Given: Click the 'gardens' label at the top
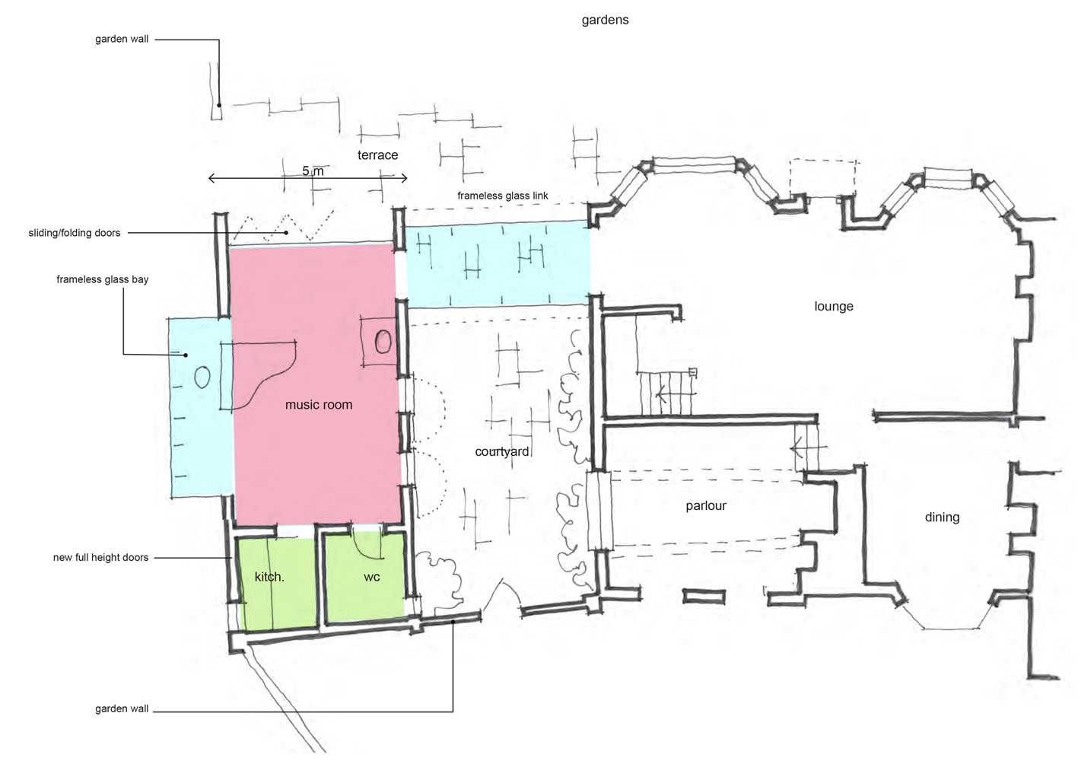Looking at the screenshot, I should point(605,20).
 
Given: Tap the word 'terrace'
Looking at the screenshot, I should point(377,155).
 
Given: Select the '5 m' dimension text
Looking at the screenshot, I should point(313,170).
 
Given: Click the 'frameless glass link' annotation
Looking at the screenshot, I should point(502,196).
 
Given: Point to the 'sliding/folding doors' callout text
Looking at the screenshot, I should point(75,233).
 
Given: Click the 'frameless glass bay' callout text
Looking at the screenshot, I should point(102,279).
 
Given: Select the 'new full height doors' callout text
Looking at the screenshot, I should point(100,558).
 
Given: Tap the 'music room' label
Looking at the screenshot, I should point(318,405).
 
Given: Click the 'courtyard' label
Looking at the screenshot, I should point(501,452).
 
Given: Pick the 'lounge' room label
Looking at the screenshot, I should point(833,307).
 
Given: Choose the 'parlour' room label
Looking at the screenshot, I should point(705,506).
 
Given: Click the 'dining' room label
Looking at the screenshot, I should point(942,517).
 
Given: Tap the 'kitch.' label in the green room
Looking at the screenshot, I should point(269,577).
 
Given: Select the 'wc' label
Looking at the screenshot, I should point(371,577).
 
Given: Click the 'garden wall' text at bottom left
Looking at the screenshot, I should point(122,708).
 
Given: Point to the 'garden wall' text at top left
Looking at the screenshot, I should point(122,39).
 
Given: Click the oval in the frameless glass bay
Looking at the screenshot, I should point(202,377).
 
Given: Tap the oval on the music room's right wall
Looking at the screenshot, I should point(383,342).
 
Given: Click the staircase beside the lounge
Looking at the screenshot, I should point(667,394).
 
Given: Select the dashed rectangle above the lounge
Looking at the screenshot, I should point(823,178).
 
